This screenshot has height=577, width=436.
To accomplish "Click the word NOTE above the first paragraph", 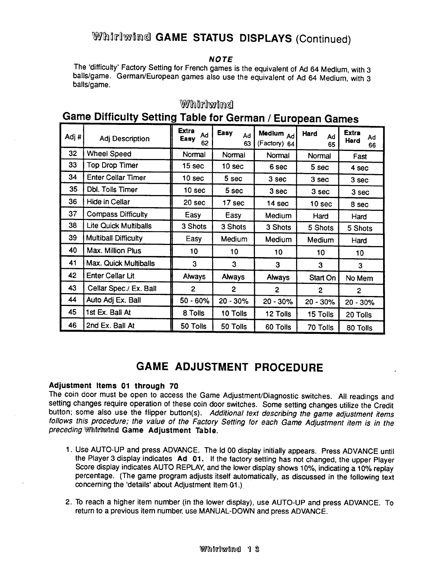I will pos(220,59).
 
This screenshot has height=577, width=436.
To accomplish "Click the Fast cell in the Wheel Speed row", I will pos(360,156).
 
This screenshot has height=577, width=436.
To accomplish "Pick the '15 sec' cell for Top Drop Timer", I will pos(193,166).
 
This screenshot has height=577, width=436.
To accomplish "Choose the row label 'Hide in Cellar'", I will pos(108,202).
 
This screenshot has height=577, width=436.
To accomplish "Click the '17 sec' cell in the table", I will pos(233,203).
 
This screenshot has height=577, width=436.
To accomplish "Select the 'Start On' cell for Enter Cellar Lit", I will pos(322,278).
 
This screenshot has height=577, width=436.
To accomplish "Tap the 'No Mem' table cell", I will pos(359,278).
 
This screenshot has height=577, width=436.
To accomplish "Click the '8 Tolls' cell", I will pos(194,313).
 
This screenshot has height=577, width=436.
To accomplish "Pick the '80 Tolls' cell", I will pos(359,328).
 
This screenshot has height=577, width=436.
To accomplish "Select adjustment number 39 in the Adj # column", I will pos(73,238).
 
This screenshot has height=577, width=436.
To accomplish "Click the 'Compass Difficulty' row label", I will pos(117,214).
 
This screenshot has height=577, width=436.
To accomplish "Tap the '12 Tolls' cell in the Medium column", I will pos(278,314).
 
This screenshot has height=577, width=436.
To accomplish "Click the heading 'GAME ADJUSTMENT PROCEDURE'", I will pos(230,367).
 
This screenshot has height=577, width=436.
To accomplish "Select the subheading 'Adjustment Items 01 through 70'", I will pos(113,386).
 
